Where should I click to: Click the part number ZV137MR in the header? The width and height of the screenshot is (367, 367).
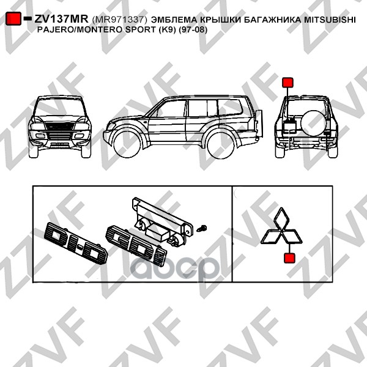click(61, 19)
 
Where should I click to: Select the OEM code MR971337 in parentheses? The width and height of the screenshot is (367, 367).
click(120, 20)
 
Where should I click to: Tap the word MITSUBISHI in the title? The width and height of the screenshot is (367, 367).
click(330, 20)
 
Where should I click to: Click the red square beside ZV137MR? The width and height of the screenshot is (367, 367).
click(13, 18)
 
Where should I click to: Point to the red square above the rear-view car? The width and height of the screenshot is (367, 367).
click(287, 83)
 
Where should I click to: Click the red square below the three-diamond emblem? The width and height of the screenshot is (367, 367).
click(289, 258)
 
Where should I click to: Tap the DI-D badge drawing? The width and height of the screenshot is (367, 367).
click(76, 243)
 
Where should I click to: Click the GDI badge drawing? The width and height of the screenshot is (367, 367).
click(136, 245)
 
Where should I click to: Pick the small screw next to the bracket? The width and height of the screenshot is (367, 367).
click(202, 228)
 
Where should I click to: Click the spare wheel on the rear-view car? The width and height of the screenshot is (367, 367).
click(313, 122)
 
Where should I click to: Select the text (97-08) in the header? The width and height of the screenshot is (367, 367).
click(193, 30)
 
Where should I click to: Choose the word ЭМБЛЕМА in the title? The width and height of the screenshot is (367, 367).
click(174, 20)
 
